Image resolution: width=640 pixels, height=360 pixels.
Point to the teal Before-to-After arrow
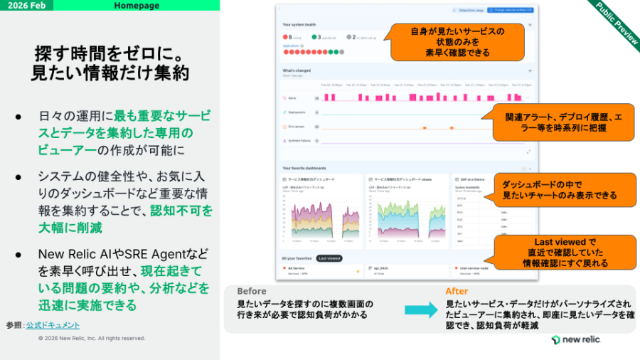(421, 309)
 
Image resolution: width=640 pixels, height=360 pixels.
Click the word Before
(252, 291)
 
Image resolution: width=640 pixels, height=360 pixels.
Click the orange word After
(457, 291)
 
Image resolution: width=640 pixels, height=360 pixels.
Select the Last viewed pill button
(329, 258)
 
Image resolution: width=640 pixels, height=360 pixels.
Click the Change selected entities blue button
(511, 11)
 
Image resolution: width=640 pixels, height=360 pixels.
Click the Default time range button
(469, 11)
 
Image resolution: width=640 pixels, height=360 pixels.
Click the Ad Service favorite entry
(298, 269)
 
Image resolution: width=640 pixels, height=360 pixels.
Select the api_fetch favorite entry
(384, 269)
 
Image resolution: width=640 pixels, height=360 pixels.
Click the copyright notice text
(92, 338)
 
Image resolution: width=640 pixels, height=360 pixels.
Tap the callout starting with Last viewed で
(560, 253)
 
